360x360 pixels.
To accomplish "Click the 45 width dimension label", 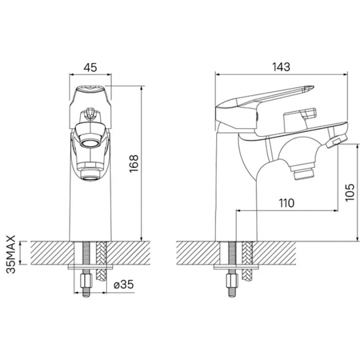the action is pos(90,68).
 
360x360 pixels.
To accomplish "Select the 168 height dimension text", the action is pos(134,163).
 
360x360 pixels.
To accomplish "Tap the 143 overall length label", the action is pos(281,67).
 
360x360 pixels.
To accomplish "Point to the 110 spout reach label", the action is pos(286,203).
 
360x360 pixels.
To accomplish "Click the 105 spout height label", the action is pos(350,192).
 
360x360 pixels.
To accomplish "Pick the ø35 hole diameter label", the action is pos(124,285).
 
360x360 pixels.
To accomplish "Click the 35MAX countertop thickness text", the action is pos(11,254).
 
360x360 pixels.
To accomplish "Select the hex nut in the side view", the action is pos(233,280).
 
